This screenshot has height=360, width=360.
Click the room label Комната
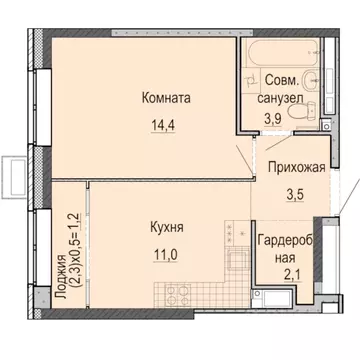click(x=166, y=98)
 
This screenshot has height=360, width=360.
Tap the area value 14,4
click(x=166, y=126)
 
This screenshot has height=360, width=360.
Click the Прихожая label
click(x=295, y=169)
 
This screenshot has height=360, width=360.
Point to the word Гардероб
click(x=289, y=242)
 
